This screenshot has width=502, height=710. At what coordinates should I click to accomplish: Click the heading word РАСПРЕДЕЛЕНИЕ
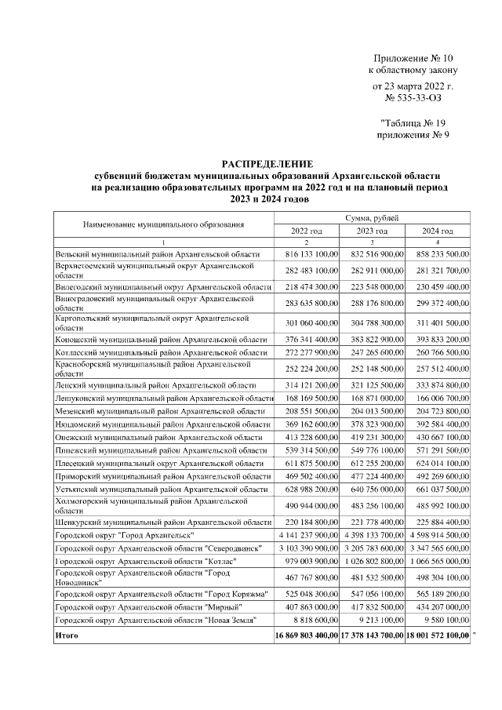click(267, 162)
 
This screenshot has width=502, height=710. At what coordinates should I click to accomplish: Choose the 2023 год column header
click(372, 231)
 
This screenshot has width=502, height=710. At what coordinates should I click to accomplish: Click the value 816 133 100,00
click(306, 255)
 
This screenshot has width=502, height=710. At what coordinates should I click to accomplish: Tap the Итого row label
click(67, 634)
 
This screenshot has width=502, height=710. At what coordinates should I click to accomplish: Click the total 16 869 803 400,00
click(306, 634)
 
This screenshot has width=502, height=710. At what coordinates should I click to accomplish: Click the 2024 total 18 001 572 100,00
click(438, 634)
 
